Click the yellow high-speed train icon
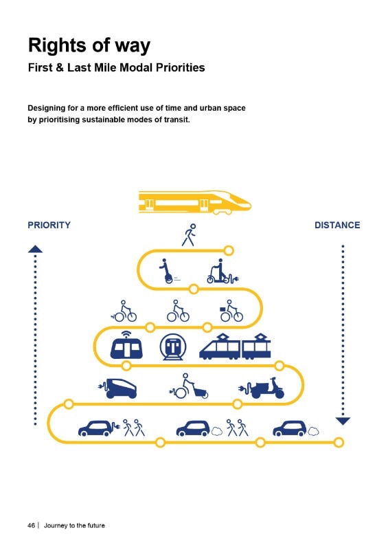coord(195,202)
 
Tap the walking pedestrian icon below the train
coord(189,235)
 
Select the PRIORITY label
coord(49,225)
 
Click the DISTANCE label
coord(337,225)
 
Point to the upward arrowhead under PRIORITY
coord(35,249)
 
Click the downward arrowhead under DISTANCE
coord(343,421)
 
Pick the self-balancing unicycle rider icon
coord(168,271)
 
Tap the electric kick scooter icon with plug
coord(222,271)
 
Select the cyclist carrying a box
coord(231,311)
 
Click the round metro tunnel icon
coord(173,346)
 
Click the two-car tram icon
coord(235,346)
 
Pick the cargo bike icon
coord(189,386)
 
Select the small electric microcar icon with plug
coord(117,388)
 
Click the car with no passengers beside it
coord(296,428)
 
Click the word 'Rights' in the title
coord(57,45)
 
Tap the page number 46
coord(31,525)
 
